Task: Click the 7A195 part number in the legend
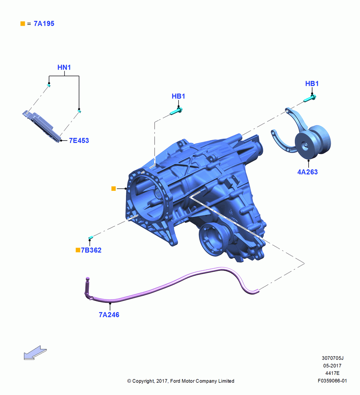point(44,24)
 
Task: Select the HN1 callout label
point(64,68)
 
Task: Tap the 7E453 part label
point(79,141)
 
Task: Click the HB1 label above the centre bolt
point(178,96)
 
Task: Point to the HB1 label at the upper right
point(312,84)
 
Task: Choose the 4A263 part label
point(307,172)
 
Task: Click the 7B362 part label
point(91,250)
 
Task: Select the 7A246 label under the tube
point(109,315)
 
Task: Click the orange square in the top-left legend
point(22,24)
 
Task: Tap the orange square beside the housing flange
point(114,188)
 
